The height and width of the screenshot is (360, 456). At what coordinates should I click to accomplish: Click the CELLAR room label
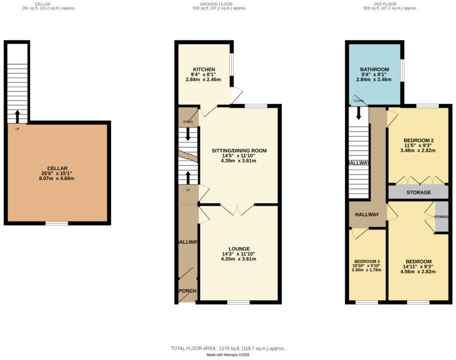click(x=57, y=168)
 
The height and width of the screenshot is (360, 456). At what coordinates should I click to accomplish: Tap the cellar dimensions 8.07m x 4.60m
click(x=57, y=178)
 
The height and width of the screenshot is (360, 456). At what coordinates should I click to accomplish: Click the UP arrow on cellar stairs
click(x=17, y=116)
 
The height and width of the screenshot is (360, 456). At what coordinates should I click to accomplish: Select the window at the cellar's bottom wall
click(x=56, y=223)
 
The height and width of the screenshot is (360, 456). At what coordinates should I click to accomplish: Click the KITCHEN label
click(x=204, y=69)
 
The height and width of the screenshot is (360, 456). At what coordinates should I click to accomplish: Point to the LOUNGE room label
click(x=239, y=248)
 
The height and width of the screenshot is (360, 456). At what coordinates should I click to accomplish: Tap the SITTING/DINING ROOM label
click(x=239, y=150)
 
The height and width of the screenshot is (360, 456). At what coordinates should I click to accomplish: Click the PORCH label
click(x=187, y=291)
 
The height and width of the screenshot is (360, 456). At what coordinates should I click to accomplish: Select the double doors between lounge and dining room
click(x=238, y=209)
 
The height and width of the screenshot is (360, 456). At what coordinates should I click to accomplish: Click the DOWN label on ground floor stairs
click(x=188, y=122)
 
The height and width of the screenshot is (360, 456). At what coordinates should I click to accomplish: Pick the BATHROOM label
click(x=374, y=69)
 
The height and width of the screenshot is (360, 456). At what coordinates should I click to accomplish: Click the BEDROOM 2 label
click(x=418, y=140)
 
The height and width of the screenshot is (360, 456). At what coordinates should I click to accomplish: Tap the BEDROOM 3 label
click(x=367, y=261)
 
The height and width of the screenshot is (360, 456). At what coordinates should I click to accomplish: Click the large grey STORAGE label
click(x=418, y=192)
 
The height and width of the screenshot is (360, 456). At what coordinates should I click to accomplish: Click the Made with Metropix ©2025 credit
click(x=228, y=354)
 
